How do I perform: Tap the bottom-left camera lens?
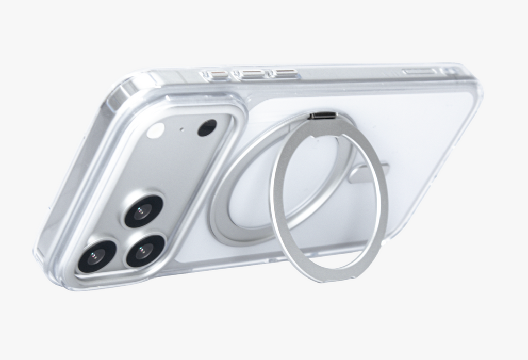tap(96, 256)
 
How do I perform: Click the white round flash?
tap(155, 130)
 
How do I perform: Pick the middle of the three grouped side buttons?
tap(252, 74)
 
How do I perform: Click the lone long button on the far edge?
tap(420, 71)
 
